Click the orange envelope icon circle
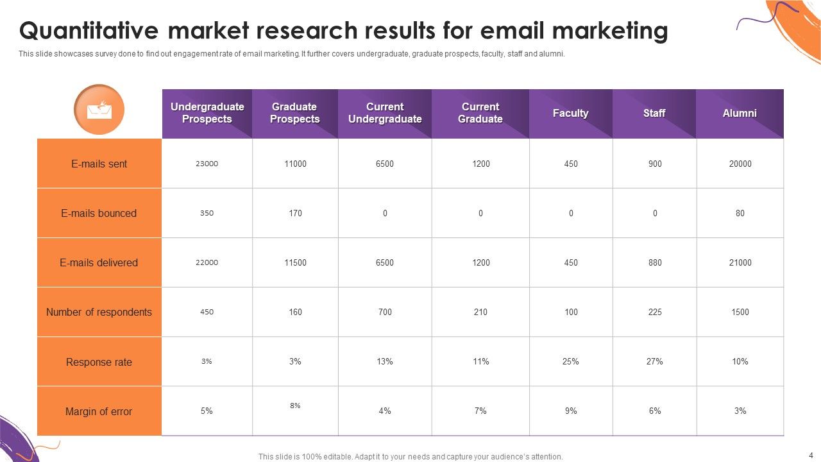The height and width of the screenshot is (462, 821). click(x=99, y=110)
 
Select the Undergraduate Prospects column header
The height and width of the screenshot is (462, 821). click(x=207, y=113)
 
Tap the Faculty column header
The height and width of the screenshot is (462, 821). click(x=570, y=113)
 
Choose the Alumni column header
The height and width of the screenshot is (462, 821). click(x=740, y=113)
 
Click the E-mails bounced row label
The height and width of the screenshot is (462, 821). click(x=99, y=213)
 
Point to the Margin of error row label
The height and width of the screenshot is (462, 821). click(x=99, y=411)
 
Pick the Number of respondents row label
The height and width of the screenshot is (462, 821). click(x=99, y=312)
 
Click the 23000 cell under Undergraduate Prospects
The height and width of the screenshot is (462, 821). click(x=207, y=164)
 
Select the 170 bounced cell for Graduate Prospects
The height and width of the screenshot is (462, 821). click(x=295, y=213)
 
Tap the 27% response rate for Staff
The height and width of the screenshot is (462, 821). click(x=654, y=361)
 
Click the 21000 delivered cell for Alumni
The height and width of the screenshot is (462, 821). click(x=740, y=262)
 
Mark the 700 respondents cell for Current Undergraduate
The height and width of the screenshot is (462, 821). click(x=385, y=312)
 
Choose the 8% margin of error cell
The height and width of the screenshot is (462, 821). click(x=295, y=406)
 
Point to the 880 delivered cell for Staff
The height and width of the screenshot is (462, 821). click(x=654, y=262)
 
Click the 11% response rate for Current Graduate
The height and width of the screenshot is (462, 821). click(x=480, y=361)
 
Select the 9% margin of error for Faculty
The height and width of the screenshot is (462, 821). click(x=570, y=411)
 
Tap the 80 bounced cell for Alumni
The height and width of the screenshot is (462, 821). click(x=740, y=213)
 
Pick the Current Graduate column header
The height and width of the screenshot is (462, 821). click(x=480, y=113)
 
